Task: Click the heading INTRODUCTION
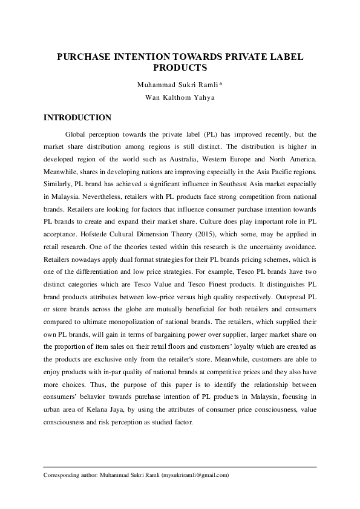click(x=77, y=117)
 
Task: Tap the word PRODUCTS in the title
click(x=180, y=68)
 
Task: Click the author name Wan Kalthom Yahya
click(x=180, y=97)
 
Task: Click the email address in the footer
click(x=195, y=475)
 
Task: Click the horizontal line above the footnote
click(x=180, y=467)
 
